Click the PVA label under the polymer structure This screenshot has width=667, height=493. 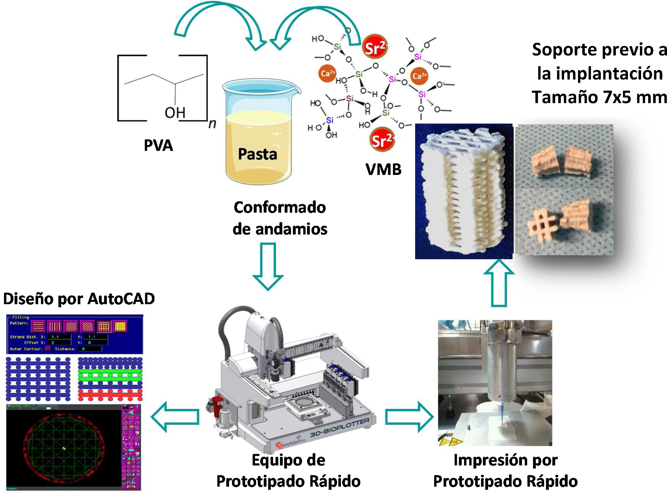point(158,146)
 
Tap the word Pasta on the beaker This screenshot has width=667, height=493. point(257,154)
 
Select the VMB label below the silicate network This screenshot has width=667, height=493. point(384,170)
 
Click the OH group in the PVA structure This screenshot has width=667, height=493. point(175,113)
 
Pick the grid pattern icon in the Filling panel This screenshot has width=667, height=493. point(104,326)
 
